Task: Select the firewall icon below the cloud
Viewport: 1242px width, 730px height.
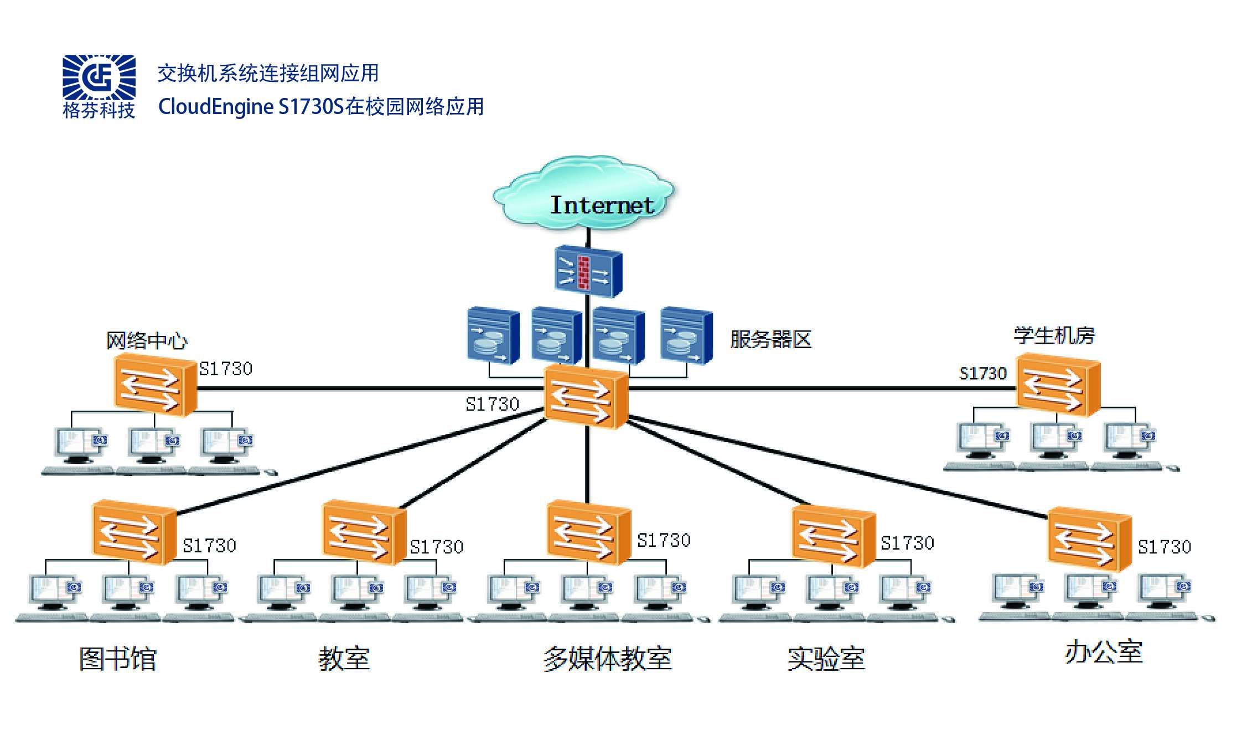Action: click(588, 271)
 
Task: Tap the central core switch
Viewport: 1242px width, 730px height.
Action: click(586, 397)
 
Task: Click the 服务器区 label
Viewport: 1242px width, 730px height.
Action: click(770, 339)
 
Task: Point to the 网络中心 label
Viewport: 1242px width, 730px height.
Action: click(147, 340)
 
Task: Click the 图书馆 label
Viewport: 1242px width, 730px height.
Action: click(118, 659)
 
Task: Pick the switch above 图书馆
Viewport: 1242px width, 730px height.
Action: click(134, 532)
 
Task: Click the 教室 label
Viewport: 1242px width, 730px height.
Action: click(344, 659)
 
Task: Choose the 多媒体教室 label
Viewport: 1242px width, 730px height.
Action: click(607, 659)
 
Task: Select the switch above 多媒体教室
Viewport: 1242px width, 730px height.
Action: click(588, 532)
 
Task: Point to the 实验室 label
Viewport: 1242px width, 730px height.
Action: click(826, 659)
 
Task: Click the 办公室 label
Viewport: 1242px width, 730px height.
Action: click(1104, 652)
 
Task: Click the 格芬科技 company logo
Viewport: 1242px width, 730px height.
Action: click(99, 86)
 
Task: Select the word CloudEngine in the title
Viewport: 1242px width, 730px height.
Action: click(216, 107)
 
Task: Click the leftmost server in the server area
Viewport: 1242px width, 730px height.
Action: click(493, 335)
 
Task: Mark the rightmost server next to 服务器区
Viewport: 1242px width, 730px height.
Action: click(686, 335)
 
